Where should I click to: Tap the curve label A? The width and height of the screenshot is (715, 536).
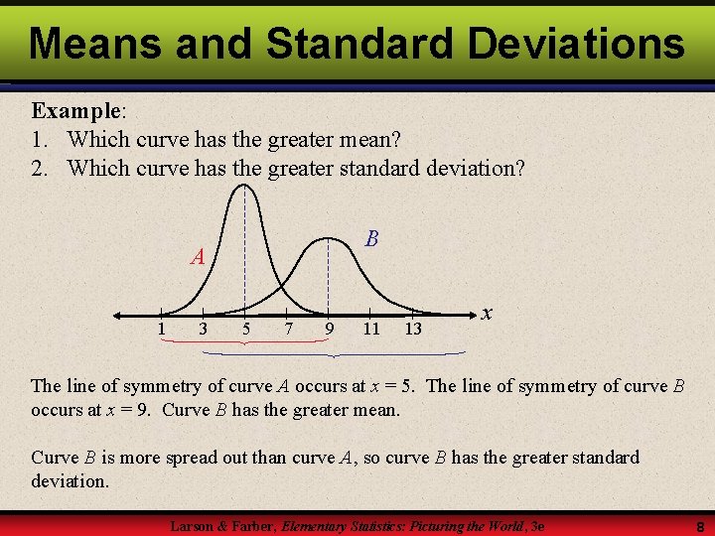(x=199, y=257)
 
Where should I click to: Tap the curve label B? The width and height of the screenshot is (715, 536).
(x=371, y=238)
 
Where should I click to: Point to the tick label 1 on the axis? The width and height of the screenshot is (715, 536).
(x=161, y=329)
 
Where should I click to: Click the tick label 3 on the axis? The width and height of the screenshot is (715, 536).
(x=203, y=329)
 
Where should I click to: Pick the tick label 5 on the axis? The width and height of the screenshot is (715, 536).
(x=245, y=329)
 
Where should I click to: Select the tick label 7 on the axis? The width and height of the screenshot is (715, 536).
(x=287, y=329)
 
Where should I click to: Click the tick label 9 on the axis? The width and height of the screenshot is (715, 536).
(x=329, y=329)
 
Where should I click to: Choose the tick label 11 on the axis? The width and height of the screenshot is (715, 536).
(x=370, y=329)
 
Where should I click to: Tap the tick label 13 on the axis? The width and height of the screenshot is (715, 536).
(x=413, y=329)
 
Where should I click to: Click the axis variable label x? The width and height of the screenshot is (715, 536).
(x=487, y=312)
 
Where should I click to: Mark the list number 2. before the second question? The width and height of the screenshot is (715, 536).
(x=40, y=168)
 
